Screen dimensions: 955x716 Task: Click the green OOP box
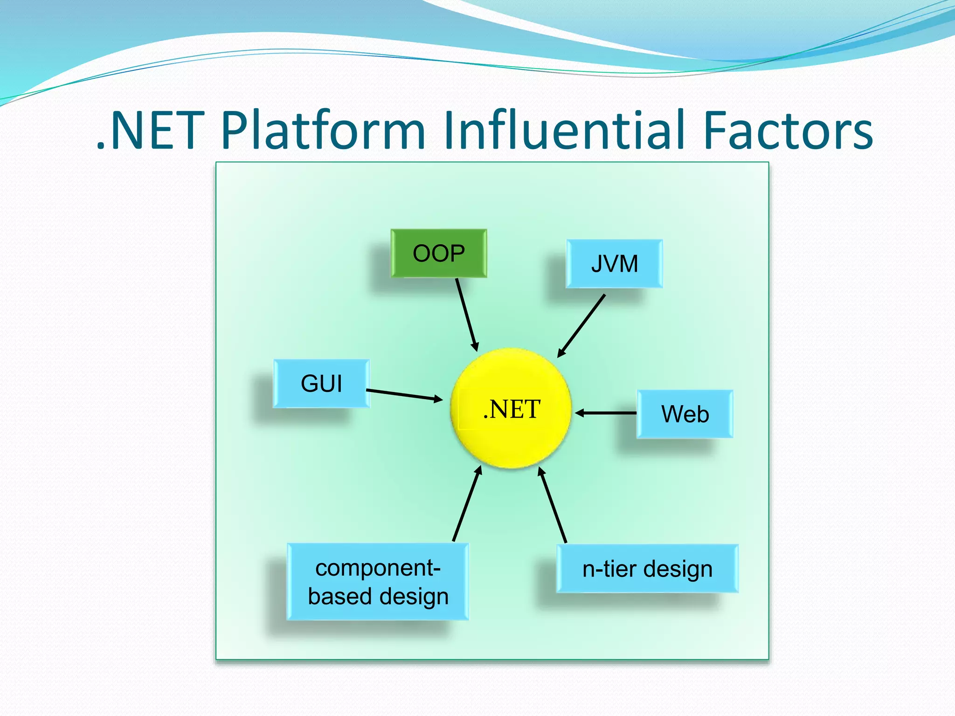[439, 254]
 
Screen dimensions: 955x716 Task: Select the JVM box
[614, 264]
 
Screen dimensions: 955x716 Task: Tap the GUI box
[321, 384]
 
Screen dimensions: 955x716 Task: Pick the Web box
[685, 414]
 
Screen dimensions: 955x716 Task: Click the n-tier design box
[647, 569]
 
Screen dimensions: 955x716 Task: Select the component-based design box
[378, 582]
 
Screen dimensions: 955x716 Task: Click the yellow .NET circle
[511, 409]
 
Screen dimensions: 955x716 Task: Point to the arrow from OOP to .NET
[467, 315]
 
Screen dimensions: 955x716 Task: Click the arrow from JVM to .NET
[581, 326]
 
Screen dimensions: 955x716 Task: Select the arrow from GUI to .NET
[404, 394]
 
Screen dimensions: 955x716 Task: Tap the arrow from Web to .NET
[606, 413]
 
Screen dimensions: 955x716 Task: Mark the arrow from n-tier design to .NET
[553, 505]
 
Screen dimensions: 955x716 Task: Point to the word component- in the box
[378, 568]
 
